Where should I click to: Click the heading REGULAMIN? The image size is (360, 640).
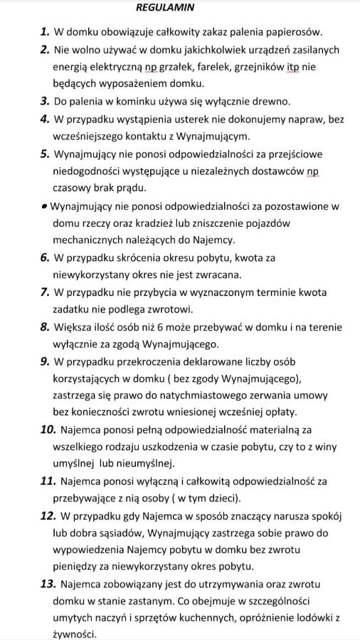tap(164, 8)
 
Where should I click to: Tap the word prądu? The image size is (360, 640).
tap(129, 188)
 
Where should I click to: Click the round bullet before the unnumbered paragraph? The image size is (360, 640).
tap(44, 206)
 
